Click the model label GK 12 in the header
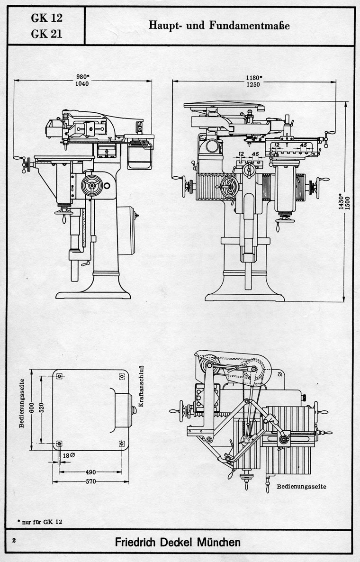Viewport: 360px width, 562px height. click(x=46, y=18)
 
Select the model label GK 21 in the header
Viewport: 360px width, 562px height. click(x=46, y=34)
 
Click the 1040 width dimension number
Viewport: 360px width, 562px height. click(x=82, y=84)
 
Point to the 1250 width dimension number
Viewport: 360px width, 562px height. click(x=253, y=85)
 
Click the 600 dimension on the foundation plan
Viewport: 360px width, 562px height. click(x=32, y=408)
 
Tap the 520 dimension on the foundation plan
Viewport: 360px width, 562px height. click(x=41, y=408)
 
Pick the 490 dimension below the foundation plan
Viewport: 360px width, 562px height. click(x=90, y=472)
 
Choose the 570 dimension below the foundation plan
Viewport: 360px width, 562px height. click(x=90, y=481)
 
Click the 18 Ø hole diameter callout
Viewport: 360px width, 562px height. click(x=69, y=455)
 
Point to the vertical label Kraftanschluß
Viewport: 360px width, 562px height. click(x=141, y=386)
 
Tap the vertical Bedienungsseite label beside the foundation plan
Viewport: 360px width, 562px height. click(x=22, y=403)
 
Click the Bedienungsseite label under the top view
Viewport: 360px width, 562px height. click(x=302, y=486)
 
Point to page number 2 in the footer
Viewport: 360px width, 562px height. click(x=14, y=541)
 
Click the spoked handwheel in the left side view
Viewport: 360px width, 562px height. click(x=92, y=185)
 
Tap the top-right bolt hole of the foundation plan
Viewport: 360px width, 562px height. click(x=122, y=376)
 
